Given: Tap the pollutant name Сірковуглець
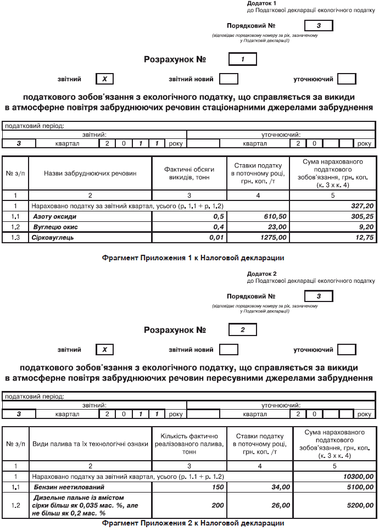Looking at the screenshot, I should point(53,238).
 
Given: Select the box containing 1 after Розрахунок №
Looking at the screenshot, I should point(242,59).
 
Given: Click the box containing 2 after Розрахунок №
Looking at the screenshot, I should point(242,331).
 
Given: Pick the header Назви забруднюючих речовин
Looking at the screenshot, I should point(90,174).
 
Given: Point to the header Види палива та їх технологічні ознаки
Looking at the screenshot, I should point(90,444).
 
